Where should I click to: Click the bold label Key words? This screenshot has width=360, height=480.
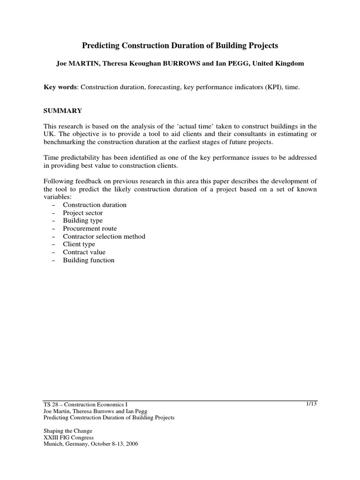pyautogui.click(x=59, y=88)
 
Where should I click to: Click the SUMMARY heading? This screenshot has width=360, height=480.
pyautogui.click(x=63, y=111)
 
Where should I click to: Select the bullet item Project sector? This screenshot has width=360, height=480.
pyautogui.click(x=83, y=213)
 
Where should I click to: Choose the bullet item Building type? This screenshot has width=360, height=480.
pyautogui.click(x=83, y=221)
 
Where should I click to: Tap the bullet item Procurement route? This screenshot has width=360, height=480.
pyautogui.click(x=90, y=229)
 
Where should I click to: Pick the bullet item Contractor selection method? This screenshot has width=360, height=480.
pyautogui.click(x=104, y=237)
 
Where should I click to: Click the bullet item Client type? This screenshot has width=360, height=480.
pyautogui.click(x=79, y=244)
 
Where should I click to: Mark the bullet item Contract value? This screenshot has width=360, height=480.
pyautogui.click(x=84, y=252)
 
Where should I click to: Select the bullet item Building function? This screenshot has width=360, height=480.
pyautogui.click(x=89, y=260)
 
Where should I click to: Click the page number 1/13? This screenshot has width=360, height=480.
pyautogui.click(x=311, y=403)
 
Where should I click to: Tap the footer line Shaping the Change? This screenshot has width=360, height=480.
pyautogui.click(x=68, y=431)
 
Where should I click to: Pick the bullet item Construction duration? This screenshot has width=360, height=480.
pyautogui.click(x=95, y=205)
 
